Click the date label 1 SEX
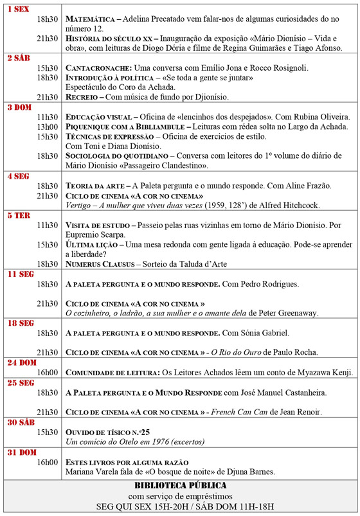pos(19,10)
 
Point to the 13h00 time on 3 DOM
pos(47,127)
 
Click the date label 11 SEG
pos(20,274)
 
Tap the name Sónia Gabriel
pos(264,333)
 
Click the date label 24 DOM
pos(21,362)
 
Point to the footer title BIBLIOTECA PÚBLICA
pos(181,486)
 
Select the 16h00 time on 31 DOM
pos(47,461)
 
